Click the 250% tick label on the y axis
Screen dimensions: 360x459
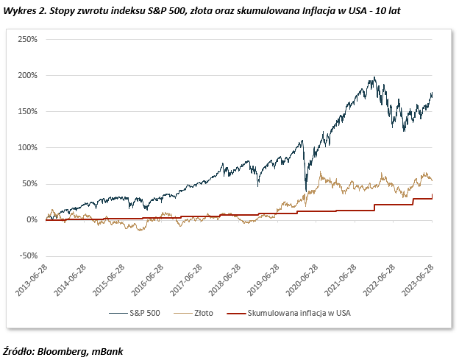pos(27,39)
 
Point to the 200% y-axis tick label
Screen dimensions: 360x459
pos(27,75)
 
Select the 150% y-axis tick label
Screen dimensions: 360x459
pos(27,111)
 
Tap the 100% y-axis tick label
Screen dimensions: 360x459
pos(27,147)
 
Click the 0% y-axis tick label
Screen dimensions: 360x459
pos(31,220)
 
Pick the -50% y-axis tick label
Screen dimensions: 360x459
pos(26,256)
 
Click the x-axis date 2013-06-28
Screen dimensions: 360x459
pos(32,280)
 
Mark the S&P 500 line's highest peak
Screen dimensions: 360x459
pos(374,77)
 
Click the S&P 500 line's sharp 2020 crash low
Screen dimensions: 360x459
pos(305,191)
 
